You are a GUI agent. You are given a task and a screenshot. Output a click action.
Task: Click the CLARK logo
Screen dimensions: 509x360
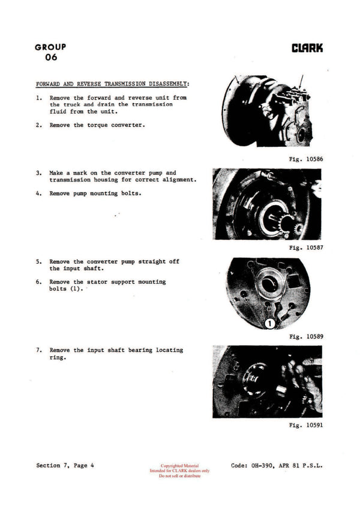[307, 49]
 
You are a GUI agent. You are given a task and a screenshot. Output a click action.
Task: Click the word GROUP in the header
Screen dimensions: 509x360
[50, 47]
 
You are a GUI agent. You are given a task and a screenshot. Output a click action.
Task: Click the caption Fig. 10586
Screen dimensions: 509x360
[306, 159]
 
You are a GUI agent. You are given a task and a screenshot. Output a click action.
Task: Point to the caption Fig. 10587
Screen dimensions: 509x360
[306, 247]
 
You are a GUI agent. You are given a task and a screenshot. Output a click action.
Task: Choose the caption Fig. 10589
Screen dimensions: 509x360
[306, 336]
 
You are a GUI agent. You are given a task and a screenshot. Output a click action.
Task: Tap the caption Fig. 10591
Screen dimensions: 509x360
[306, 425]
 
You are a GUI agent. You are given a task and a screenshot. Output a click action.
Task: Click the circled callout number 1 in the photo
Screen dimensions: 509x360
[270, 323]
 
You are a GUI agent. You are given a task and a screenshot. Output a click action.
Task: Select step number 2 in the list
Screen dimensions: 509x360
[39, 125]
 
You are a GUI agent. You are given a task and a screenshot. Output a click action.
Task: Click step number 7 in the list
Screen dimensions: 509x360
[39, 350]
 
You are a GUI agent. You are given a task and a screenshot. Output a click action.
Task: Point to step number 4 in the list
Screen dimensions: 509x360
[39, 193]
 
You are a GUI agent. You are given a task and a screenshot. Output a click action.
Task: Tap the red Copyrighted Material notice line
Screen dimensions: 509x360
[179, 465]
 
